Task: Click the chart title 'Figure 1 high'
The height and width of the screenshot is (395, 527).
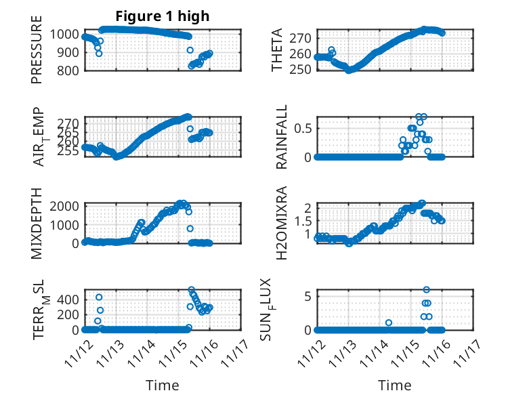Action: [x=162, y=16]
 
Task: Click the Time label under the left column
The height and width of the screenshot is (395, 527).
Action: [x=163, y=386]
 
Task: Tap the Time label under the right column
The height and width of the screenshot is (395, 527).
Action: [x=395, y=386]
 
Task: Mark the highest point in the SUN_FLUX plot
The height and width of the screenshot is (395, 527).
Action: [x=426, y=290]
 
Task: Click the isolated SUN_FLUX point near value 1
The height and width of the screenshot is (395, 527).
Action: [x=389, y=323]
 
